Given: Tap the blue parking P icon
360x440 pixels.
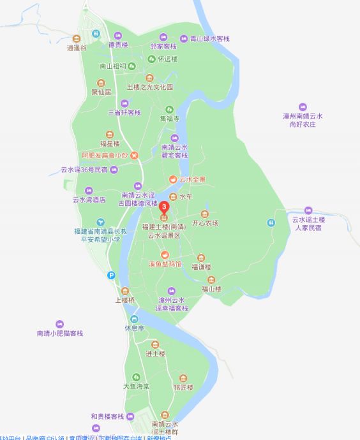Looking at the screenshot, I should click(x=111, y=275).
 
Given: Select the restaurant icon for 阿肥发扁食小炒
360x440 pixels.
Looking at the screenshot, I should click(x=135, y=156).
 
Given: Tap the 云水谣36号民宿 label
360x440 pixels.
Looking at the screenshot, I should click(x=84, y=170).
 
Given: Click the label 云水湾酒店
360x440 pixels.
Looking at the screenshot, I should click(x=88, y=200).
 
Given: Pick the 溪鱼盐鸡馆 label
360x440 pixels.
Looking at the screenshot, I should click(x=156, y=263).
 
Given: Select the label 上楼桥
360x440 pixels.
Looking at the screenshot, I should click(x=125, y=300).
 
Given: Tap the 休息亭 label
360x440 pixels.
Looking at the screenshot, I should click(x=135, y=329).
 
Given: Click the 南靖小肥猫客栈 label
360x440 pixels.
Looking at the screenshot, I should click(x=60, y=333).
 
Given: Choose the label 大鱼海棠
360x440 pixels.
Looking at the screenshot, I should click(x=136, y=386).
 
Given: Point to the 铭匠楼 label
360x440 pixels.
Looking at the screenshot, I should click(x=183, y=386).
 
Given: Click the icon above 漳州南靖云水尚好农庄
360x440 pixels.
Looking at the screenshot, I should click(x=303, y=106).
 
